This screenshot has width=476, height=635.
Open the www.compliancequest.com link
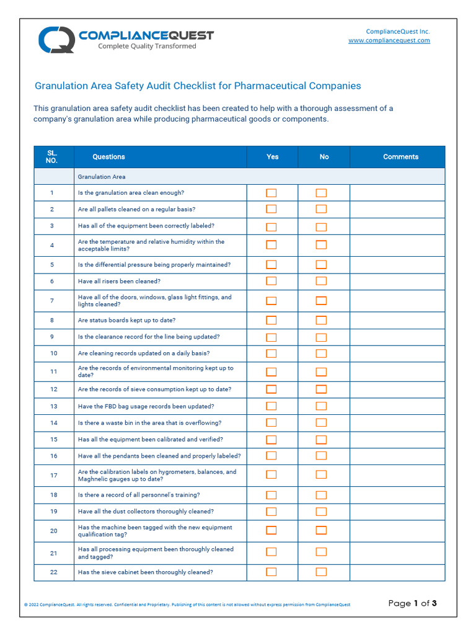[389, 40]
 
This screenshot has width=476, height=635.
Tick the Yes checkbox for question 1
[271, 193]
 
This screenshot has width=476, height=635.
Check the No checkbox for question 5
[321, 265]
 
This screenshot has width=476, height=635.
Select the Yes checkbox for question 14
[271, 423]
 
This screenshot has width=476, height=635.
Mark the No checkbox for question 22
[321, 572]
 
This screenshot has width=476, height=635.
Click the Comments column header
[400, 157]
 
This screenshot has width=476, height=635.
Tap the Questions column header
[108, 157]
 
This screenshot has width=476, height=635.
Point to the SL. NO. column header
[52, 157]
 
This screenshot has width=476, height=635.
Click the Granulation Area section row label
[102, 177]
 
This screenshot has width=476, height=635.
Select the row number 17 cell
[53, 476]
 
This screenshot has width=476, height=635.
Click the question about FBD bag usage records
[146, 406]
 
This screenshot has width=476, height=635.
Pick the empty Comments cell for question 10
[397, 353]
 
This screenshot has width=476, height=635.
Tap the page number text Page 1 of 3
[412, 603]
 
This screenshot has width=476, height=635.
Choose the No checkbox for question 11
[321, 372]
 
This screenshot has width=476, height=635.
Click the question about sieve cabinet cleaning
[145, 572]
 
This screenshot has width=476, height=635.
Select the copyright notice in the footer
[187, 605]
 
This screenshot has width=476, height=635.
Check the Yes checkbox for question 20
[271, 531]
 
